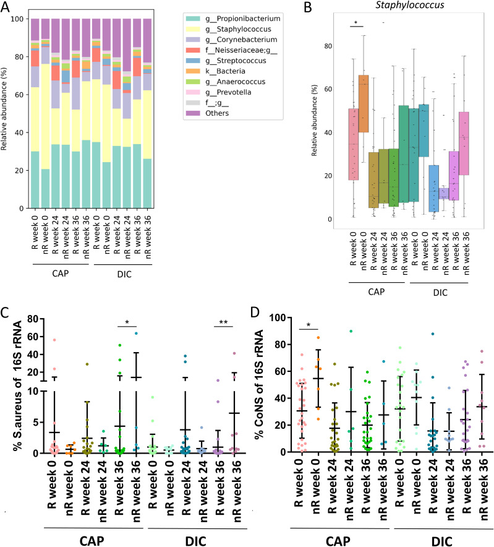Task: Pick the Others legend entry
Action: click(x=207, y=113)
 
